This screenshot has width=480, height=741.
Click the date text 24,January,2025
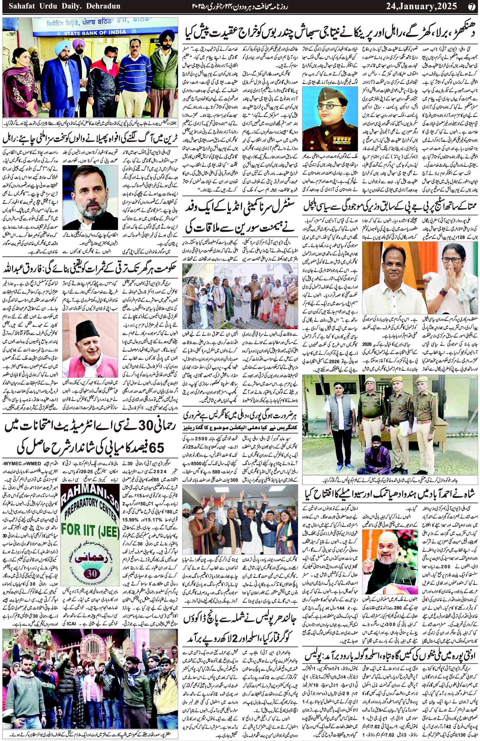pos(421,6)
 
